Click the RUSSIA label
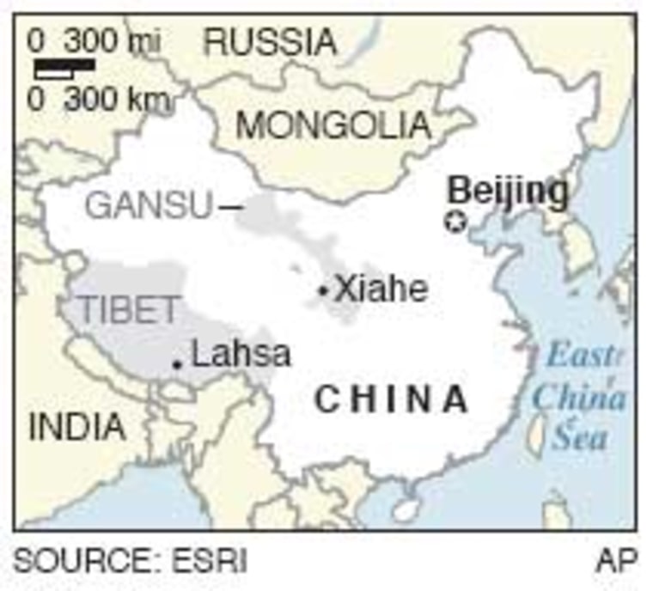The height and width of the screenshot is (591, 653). [x=271, y=41]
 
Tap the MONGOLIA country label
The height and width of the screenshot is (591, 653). [x=333, y=125]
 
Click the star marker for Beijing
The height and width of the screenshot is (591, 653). [x=455, y=222]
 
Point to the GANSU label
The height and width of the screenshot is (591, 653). [x=149, y=206]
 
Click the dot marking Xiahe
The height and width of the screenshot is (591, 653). [x=323, y=291]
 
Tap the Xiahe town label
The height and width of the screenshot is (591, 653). [x=381, y=289]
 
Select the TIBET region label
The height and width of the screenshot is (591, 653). [x=130, y=310]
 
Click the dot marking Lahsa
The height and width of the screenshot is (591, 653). [x=177, y=364]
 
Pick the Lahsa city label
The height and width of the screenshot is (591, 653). [x=241, y=354]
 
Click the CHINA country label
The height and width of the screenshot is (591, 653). [x=392, y=400]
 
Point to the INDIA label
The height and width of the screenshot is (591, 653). [x=77, y=427]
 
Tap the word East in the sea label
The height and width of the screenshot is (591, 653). [x=583, y=356]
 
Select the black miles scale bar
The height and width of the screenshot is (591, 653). [x=64, y=64]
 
